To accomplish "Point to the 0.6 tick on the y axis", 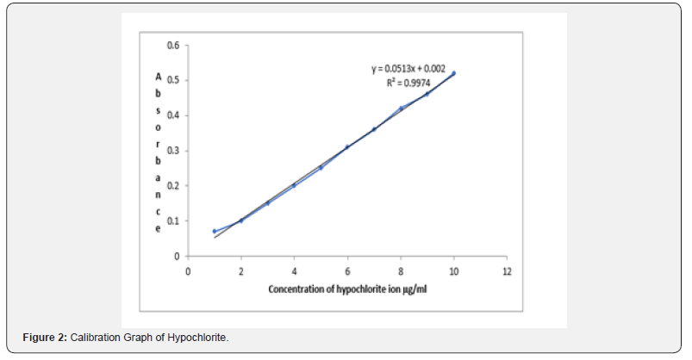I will point(173,45).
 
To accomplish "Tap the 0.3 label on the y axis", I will point(173,151).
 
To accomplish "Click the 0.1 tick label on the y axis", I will point(173,221).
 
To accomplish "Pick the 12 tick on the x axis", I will point(507,270).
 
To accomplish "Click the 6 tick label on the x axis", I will point(347,270).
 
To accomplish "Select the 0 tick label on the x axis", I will point(189,270).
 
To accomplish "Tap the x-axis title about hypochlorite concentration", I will point(348,289).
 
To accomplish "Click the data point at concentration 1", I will point(215,231).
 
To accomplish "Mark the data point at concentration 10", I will point(453,73).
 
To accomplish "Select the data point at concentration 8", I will point(401,108).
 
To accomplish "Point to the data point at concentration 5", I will point(321,167).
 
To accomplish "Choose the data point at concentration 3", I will point(268,202).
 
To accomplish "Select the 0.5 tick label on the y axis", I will point(173,80).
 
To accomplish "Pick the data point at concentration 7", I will point(374,129).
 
